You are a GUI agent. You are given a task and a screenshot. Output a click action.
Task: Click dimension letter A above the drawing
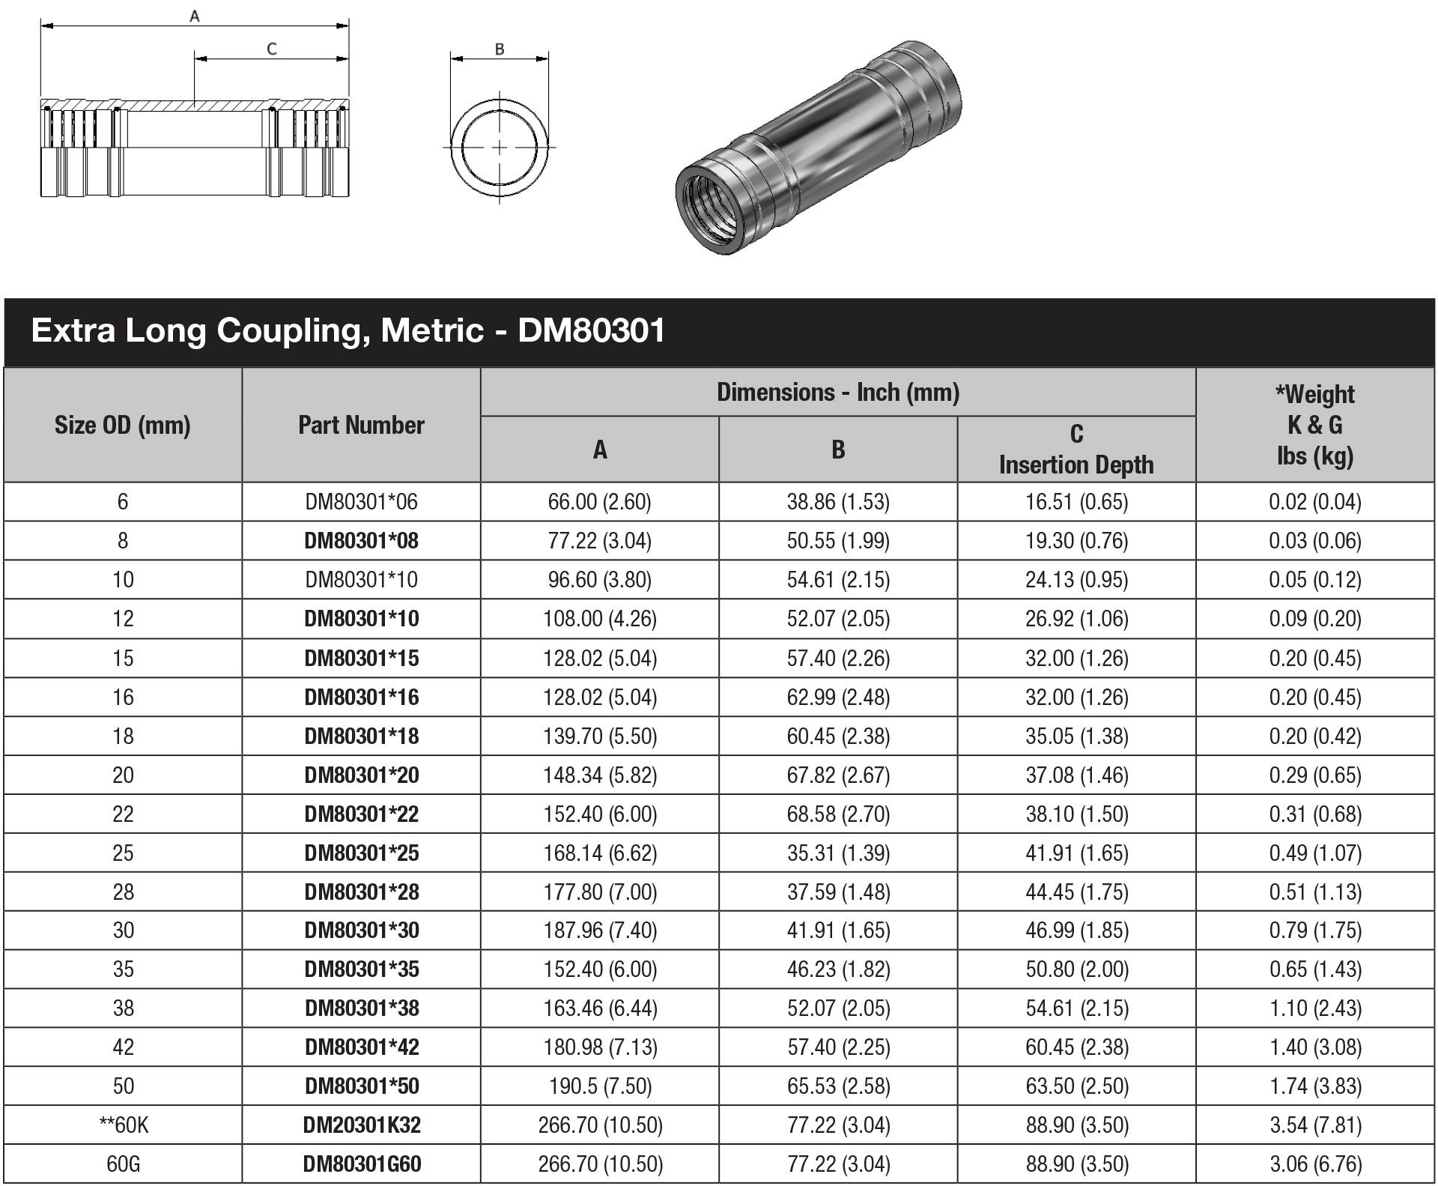tap(195, 16)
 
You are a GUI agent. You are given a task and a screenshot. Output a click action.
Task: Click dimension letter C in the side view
tap(271, 49)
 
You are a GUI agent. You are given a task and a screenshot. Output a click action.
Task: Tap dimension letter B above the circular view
tap(500, 49)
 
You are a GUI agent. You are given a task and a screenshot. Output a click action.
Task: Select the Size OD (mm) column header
tap(123, 425)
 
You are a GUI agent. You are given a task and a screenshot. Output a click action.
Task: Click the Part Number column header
tap(361, 425)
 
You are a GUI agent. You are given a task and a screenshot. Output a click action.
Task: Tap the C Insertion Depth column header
tap(1076, 450)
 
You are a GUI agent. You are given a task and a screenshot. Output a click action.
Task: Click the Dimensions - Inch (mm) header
tap(837, 392)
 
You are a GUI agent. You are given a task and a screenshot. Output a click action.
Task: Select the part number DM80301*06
tap(361, 501)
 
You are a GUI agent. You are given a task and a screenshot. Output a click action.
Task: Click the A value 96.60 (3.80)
tap(599, 579)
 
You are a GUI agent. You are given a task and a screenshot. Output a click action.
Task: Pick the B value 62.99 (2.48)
tap(837, 697)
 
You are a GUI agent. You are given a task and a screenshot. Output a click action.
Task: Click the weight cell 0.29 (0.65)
tap(1314, 775)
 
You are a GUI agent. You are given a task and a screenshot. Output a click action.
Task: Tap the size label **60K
tap(123, 1125)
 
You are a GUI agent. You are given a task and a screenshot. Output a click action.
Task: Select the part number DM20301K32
tap(361, 1125)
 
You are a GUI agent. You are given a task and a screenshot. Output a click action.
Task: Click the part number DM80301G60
tap(361, 1164)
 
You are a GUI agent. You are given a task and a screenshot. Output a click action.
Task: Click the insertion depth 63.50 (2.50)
tap(1076, 1086)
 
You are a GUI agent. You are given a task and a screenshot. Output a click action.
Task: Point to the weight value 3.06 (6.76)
tap(1314, 1164)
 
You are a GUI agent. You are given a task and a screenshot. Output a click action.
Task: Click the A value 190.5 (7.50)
tap(599, 1086)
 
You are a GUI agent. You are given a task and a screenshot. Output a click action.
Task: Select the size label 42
tap(123, 1047)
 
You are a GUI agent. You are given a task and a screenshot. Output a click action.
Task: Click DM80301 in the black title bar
tap(591, 330)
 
